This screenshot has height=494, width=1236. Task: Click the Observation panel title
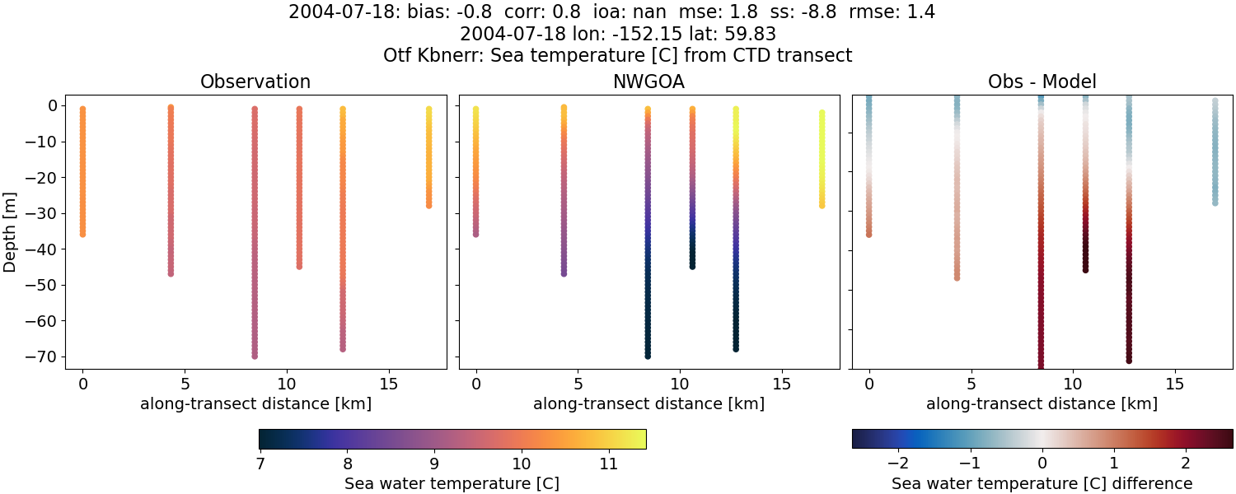(255, 82)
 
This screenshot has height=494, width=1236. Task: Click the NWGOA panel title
(648, 82)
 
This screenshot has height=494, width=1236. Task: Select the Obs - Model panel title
(1042, 82)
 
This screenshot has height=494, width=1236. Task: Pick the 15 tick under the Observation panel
(388, 384)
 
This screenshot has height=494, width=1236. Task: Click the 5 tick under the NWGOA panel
(578, 384)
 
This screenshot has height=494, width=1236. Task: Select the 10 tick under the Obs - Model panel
(1073, 384)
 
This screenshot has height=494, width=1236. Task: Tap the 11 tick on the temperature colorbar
(608, 464)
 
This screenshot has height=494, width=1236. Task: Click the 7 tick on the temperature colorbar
(260, 464)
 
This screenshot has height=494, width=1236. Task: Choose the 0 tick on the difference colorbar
(1042, 464)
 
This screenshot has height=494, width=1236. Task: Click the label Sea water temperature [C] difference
(1042, 484)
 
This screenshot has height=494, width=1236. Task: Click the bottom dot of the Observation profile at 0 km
(82, 234)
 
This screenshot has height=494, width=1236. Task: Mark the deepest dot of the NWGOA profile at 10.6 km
(692, 266)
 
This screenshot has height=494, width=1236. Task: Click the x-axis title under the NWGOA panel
(648, 404)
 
